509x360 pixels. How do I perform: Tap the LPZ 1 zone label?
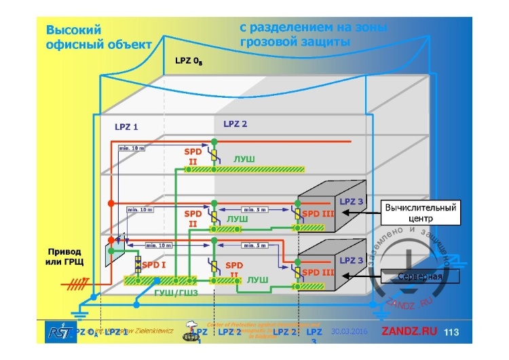(x=126, y=126)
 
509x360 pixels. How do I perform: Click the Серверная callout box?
(x=419, y=276)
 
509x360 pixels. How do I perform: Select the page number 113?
(x=451, y=332)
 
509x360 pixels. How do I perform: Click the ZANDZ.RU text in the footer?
(x=408, y=331)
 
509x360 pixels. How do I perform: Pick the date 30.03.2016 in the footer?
(x=349, y=331)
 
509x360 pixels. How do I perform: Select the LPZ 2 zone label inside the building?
(x=235, y=124)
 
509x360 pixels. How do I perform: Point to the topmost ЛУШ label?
(x=244, y=158)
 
